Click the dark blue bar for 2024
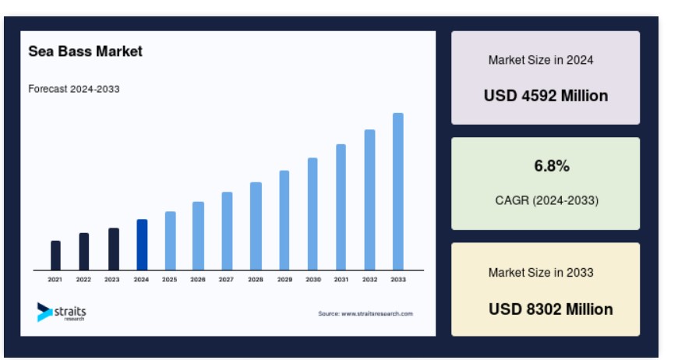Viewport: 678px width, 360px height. (142, 245)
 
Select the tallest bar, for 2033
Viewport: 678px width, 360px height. (397, 192)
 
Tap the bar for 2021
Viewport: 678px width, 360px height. (55, 256)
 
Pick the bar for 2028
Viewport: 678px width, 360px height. (256, 226)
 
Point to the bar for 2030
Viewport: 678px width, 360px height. (313, 214)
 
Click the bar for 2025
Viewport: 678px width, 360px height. (171, 241)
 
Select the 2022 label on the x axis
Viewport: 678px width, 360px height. (83, 280)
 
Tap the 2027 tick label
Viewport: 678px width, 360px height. (226, 280)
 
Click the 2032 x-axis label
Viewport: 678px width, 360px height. (369, 280)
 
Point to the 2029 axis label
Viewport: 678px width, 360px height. (284, 280)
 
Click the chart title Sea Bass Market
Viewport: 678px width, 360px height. (85, 51)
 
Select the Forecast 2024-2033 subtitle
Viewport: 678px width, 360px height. (74, 89)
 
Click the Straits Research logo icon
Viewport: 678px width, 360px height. (44, 312)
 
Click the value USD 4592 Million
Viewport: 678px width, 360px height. (546, 96)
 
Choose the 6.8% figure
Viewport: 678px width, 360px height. (552, 166)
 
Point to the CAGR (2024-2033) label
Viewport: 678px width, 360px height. (546, 200)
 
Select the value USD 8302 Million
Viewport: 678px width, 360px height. (550, 309)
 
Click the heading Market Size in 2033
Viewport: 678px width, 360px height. (541, 273)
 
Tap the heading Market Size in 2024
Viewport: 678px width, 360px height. (541, 60)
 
